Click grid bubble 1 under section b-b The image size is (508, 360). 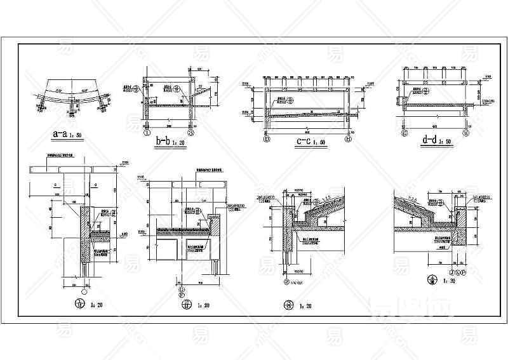point(147,134)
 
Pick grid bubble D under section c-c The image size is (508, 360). point(266,138)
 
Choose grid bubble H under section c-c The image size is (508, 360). point(348,138)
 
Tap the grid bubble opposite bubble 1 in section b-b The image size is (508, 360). point(192,134)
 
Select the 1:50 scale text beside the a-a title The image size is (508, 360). point(78,136)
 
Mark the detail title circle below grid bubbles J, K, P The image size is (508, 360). point(434,280)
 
